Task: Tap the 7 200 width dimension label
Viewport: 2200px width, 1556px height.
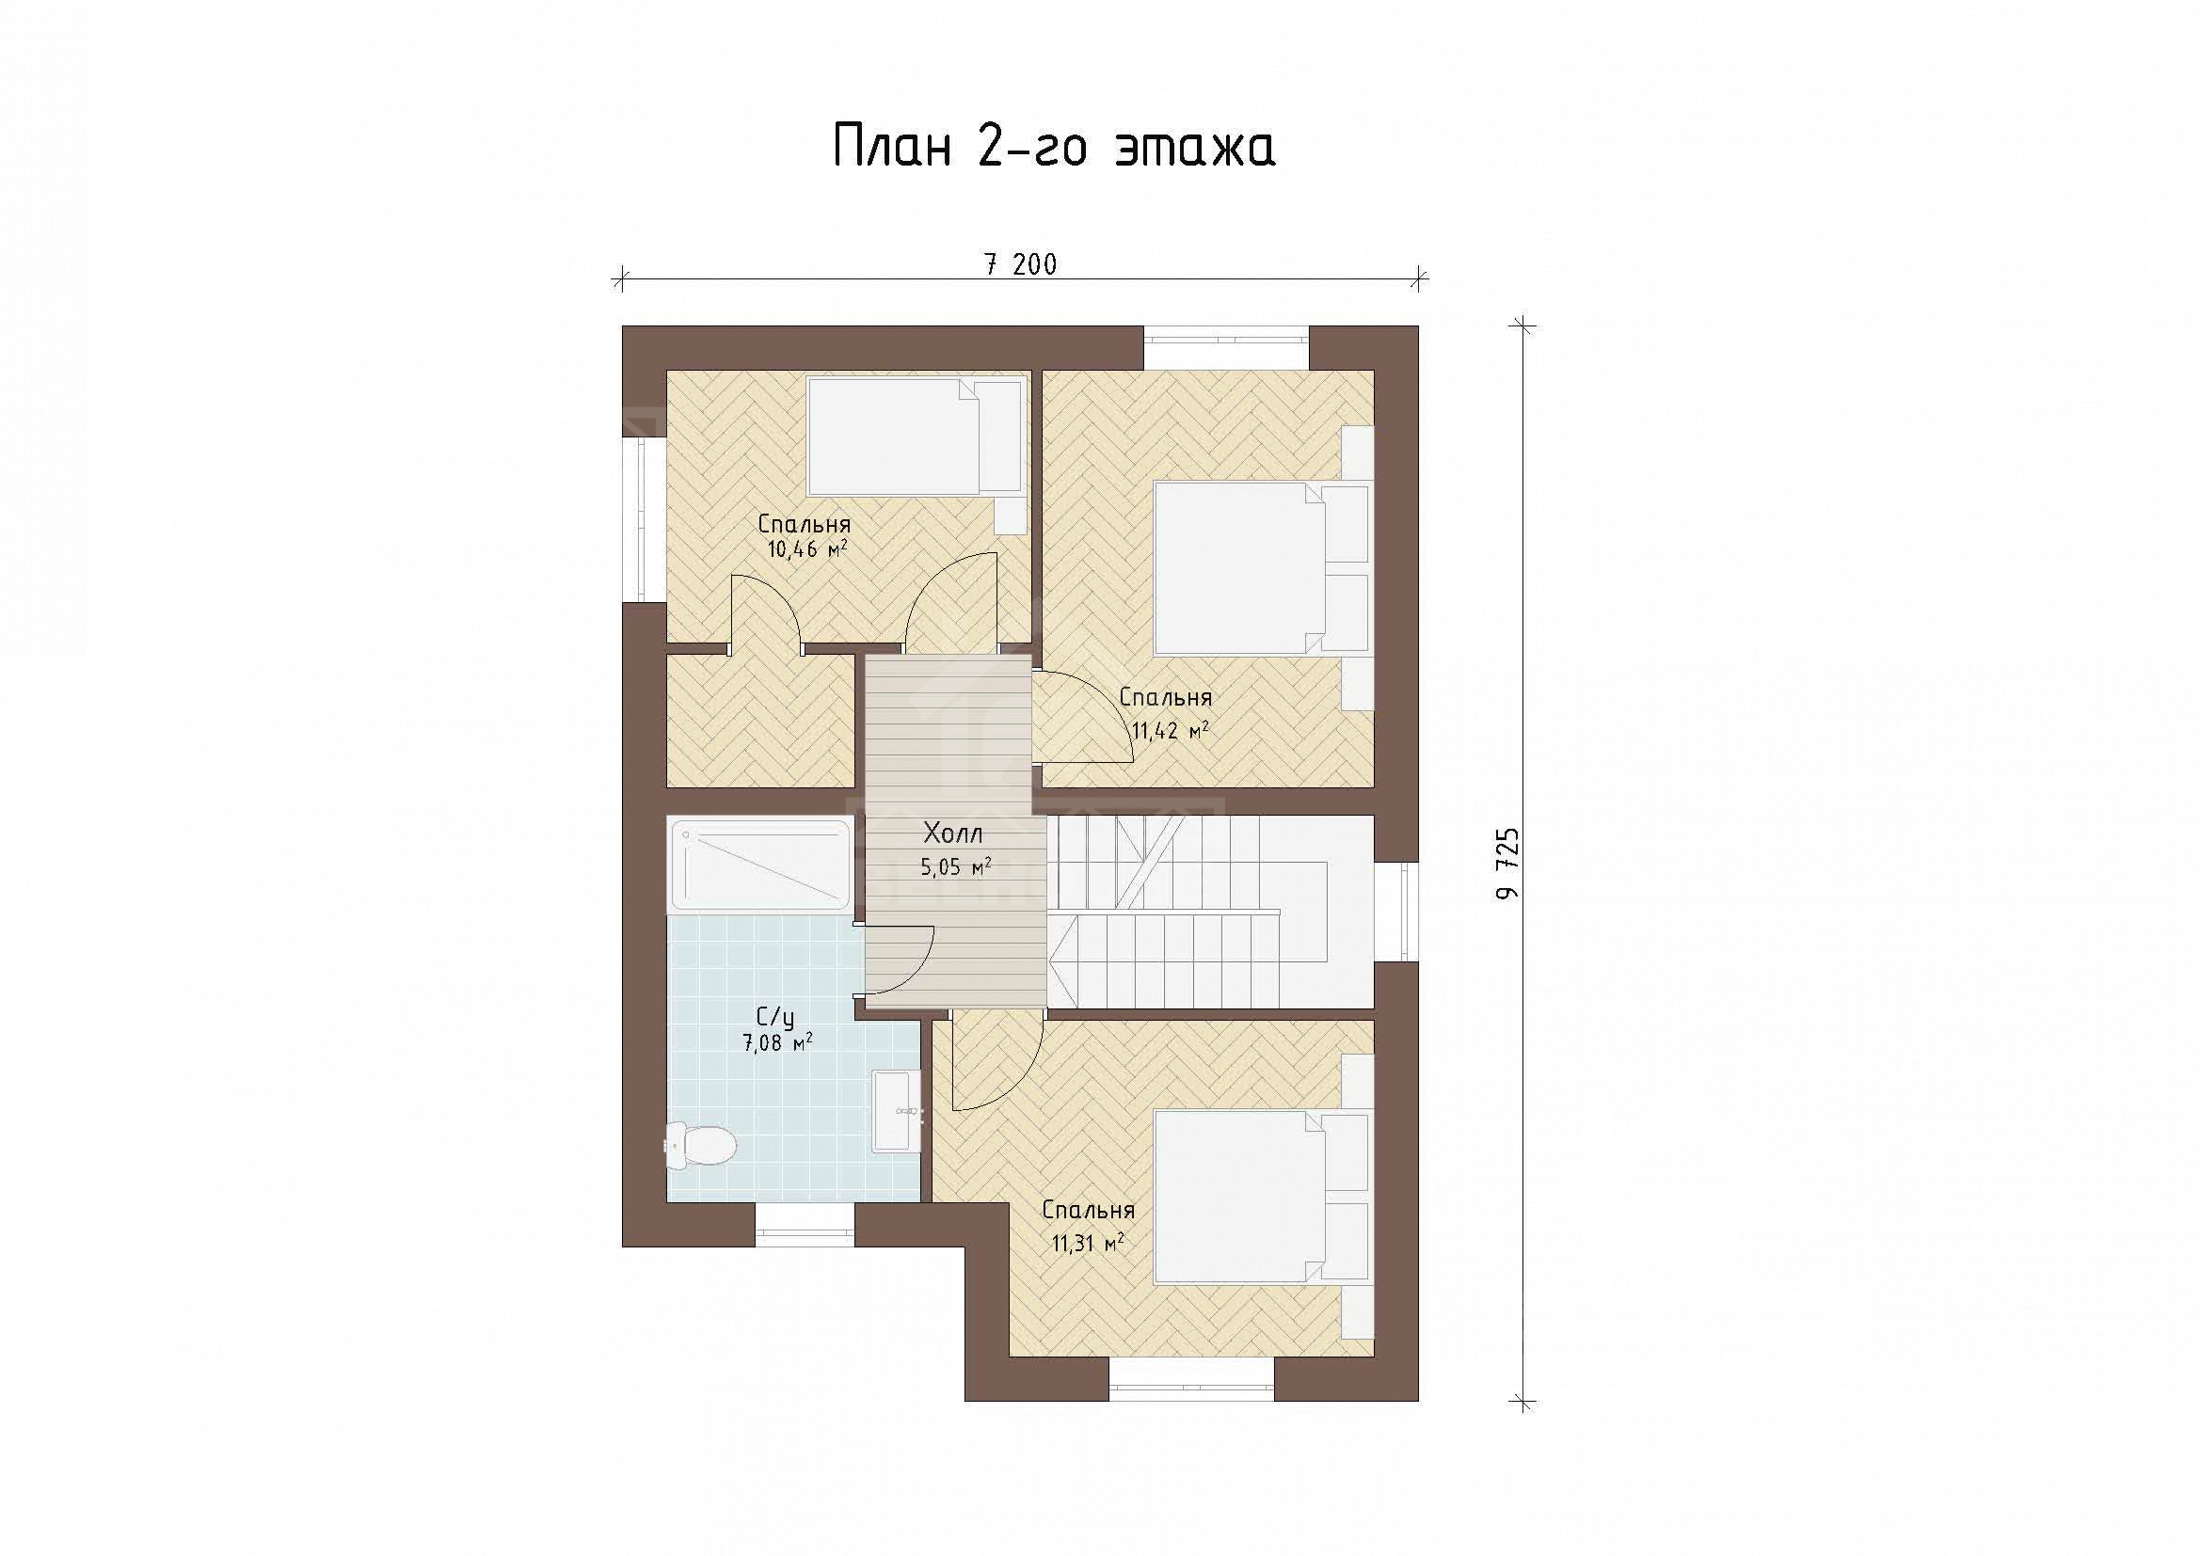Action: [1022, 264]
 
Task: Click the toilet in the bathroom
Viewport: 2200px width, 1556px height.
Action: [701, 1144]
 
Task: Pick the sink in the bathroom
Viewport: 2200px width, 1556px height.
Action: [896, 1110]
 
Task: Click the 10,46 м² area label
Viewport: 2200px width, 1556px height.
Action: [806, 550]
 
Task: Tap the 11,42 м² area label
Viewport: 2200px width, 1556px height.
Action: [1169, 731]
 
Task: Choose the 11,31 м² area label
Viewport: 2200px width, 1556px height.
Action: [1088, 1244]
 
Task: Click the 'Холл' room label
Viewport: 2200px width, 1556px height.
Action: [952, 833]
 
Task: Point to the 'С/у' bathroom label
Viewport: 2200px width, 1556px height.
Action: [775, 1018]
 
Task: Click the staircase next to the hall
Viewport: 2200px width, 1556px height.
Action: [1211, 912]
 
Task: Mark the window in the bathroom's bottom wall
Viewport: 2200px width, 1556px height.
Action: [805, 1225]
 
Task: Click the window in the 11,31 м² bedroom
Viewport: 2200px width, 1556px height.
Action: [1192, 1380]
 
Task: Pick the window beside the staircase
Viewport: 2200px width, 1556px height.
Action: [1397, 912]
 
